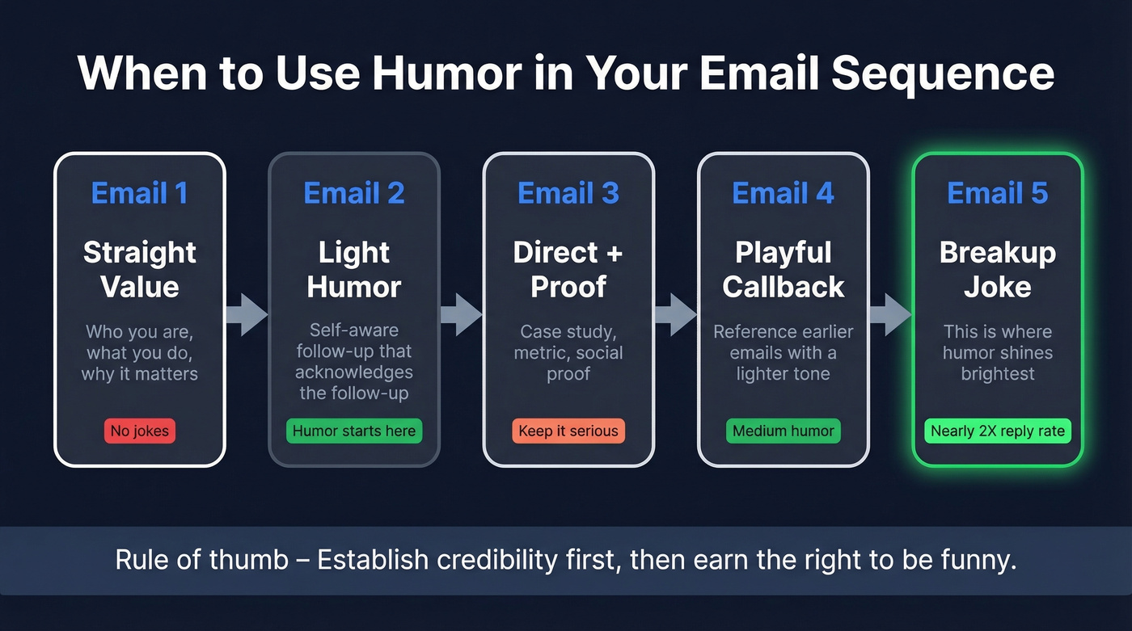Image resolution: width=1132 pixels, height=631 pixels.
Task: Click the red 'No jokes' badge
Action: (x=139, y=431)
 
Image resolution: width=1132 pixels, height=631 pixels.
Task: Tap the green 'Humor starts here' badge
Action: (x=354, y=431)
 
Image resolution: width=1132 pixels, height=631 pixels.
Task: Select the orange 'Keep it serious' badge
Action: (x=568, y=431)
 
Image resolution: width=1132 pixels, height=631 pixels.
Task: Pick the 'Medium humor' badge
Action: (x=783, y=431)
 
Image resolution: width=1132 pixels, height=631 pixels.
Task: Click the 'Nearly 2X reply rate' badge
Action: (x=998, y=431)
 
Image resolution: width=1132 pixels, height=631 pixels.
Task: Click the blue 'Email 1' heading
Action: (x=139, y=193)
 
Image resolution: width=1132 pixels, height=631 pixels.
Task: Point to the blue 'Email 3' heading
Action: (x=568, y=193)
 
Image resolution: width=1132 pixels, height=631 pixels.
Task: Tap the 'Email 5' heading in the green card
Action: (x=998, y=193)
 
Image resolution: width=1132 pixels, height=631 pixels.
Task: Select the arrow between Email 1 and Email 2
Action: (x=246, y=314)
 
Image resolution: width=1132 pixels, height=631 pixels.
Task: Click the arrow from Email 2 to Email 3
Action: (x=461, y=314)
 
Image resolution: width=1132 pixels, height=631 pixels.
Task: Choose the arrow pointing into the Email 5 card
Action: (x=890, y=314)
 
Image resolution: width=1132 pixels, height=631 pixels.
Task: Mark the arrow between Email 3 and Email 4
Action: (x=675, y=314)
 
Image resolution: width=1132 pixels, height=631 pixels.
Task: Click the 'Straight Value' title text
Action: (x=139, y=269)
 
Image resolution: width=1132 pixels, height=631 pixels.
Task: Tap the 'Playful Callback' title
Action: (x=783, y=269)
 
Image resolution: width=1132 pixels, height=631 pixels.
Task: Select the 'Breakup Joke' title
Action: (x=998, y=269)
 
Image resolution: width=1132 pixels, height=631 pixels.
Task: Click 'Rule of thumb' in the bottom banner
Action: (x=201, y=560)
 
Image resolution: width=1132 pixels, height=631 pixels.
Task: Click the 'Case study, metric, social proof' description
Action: (x=568, y=353)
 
